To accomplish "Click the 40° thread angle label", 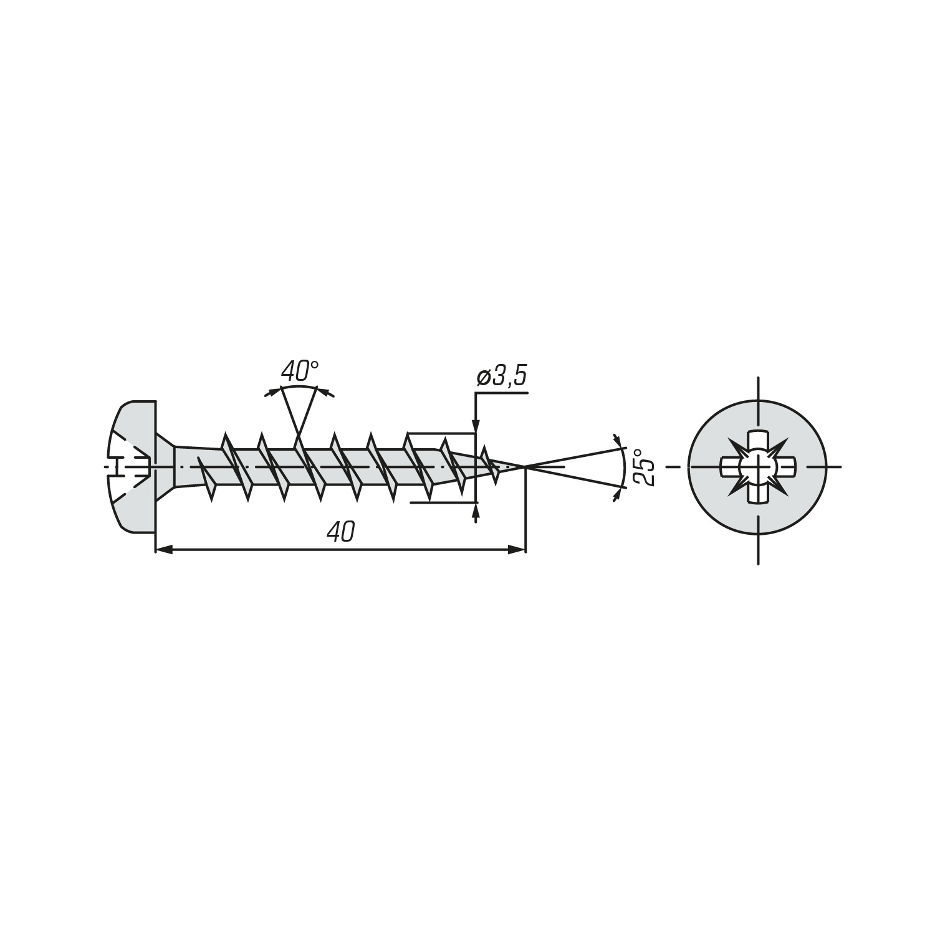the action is click(x=300, y=372).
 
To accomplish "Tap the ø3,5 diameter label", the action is click(x=502, y=377).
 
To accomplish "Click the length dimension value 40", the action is click(x=340, y=532).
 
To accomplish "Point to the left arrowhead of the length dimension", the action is click(x=163, y=549).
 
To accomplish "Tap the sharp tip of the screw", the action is click(x=525, y=466).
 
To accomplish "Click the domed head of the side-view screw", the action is click(x=133, y=467).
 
